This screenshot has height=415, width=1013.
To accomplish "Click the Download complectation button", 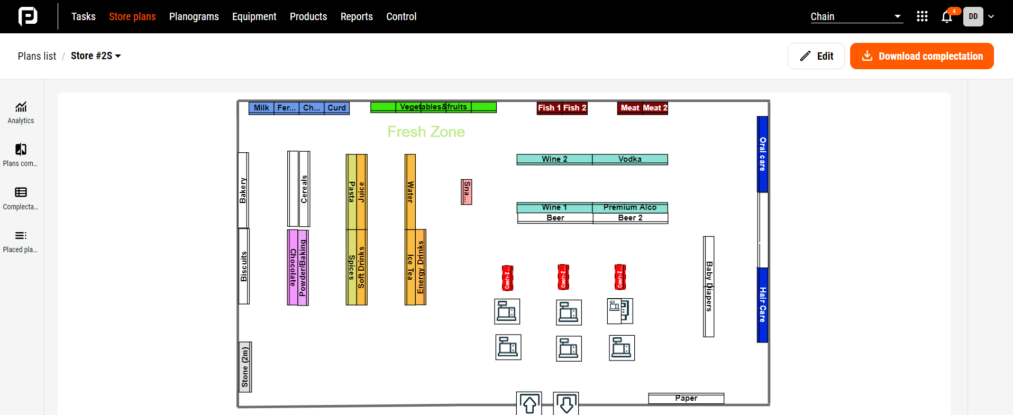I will pos(921,56).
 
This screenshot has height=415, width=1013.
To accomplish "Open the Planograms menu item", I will pos(194,16).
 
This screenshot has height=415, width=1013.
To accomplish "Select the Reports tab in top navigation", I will pos(357,16).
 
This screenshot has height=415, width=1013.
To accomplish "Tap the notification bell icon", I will pos(947,17).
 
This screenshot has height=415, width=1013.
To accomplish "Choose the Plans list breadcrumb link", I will pos(36,56).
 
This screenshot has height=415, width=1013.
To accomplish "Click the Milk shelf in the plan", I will pos(261,108).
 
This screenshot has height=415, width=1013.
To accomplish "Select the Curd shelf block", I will pos(336,108).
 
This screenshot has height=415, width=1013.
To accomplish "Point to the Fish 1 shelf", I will pos(549,108).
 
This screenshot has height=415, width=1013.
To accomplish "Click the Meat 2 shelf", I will pos(655,108).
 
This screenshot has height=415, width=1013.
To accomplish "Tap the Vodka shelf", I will pos(629,159).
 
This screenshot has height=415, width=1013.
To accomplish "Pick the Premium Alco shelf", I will pos(629,207).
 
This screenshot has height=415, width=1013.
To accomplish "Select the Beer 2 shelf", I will pos(630,218).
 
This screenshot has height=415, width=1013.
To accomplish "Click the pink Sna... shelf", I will pos(466,192).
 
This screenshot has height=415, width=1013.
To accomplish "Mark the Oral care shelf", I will pos(762,154).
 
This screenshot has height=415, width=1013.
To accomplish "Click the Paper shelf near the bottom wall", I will pos(686,398).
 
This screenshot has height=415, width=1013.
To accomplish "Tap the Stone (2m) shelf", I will pos(245,367).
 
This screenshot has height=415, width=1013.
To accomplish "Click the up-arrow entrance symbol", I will pos(529,404).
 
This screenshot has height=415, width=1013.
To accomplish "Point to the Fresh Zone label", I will pos(426,132).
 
